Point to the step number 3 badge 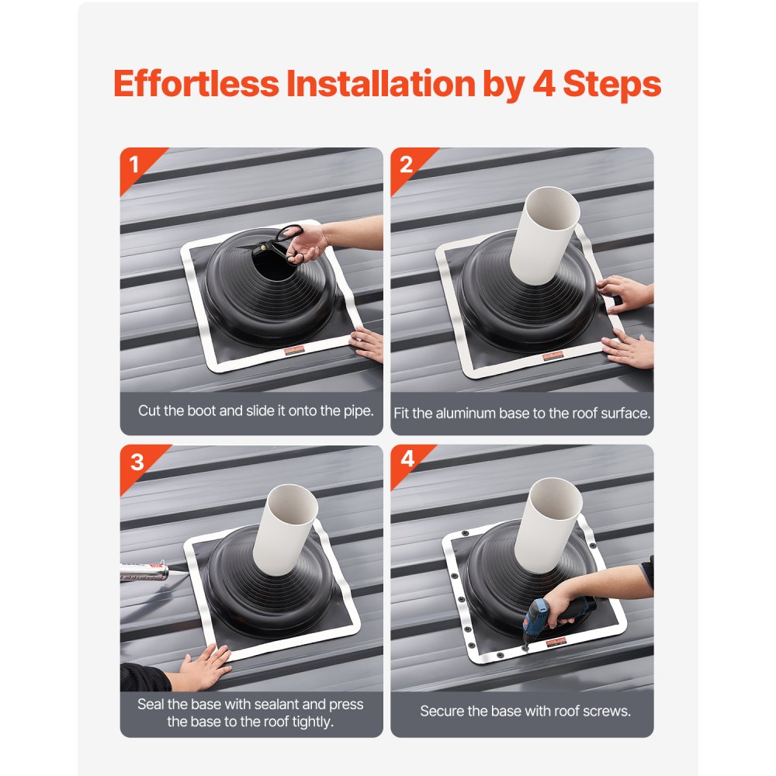(x=137, y=462)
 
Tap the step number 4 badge (x=407, y=460)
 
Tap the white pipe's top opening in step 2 (x=553, y=208)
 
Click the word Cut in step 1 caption (x=149, y=411)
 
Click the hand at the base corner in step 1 (x=369, y=343)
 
